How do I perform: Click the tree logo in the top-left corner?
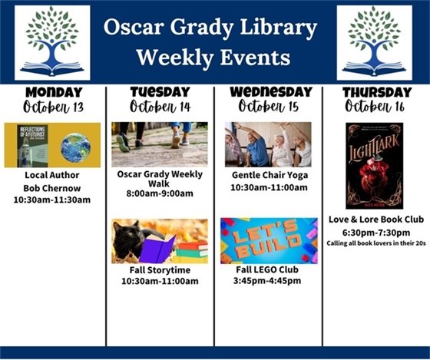52,42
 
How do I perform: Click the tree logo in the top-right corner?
375,42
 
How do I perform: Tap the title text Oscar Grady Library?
211,28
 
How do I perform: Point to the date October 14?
160,107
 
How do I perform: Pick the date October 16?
375,107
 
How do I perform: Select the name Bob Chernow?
52,188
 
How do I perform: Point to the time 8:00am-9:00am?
160,193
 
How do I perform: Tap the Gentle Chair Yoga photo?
268,144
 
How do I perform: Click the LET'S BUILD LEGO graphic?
268,240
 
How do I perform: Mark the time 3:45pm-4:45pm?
267,280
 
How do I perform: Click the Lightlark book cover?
374,166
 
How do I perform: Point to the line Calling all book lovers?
375,243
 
